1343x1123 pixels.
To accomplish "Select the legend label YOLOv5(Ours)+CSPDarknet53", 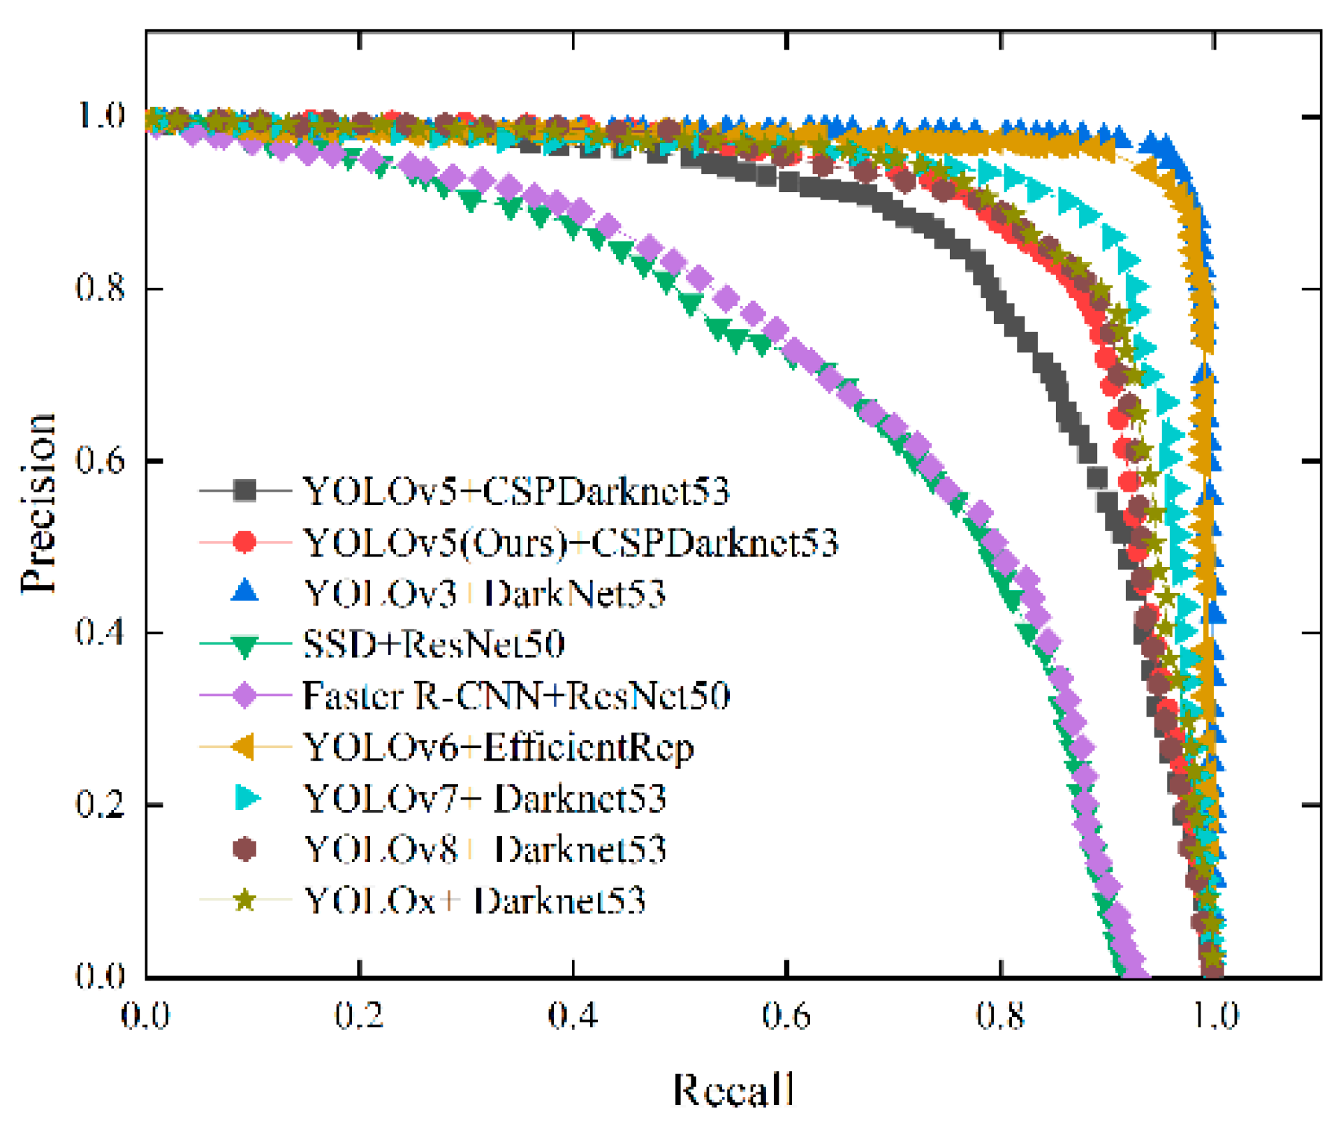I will (x=571, y=543).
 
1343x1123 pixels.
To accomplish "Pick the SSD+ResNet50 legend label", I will (x=434, y=644).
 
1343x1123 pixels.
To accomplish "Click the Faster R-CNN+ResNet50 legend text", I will (x=516, y=696).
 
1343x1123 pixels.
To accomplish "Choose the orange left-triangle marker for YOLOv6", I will (x=244, y=747).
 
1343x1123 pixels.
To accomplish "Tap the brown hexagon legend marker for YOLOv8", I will (x=244, y=849).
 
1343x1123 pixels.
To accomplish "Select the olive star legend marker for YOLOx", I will (x=244, y=900).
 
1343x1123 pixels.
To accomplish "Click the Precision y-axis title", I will (x=38, y=503).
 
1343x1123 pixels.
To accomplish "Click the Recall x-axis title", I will (x=733, y=1089).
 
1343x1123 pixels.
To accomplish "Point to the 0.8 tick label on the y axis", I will (x=101, y=288).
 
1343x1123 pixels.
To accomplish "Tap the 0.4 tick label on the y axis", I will (x=101, y=632).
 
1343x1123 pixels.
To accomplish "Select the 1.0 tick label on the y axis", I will (x=101, y=115).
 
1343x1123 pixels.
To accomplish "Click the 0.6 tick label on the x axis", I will (x=786, y=1016).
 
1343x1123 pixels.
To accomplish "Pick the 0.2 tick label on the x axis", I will (x=359, y=1016).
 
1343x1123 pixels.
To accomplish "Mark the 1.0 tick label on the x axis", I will (x=1214, y=1016).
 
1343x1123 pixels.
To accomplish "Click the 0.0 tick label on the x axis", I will (x=146, y=1016).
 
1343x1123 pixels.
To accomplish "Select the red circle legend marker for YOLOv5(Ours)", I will (x=244, y=542).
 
